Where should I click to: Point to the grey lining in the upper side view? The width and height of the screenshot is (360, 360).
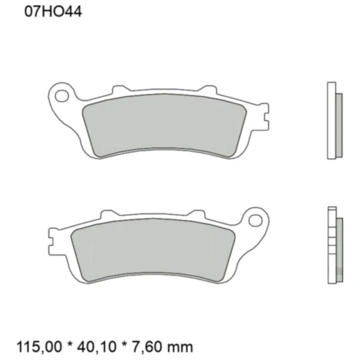(x=338, y=125)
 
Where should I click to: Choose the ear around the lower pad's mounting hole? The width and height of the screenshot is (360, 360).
(x=262, y=216)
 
